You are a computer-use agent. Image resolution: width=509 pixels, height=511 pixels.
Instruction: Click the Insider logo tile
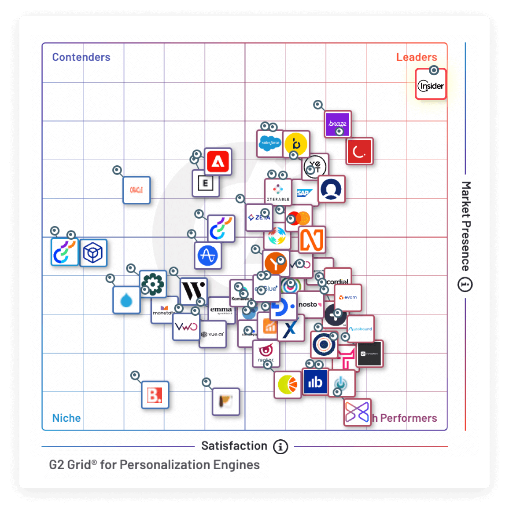431,85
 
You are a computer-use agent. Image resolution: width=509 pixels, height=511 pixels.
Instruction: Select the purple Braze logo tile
338,124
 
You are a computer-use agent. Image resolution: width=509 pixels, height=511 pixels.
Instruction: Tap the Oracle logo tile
136,190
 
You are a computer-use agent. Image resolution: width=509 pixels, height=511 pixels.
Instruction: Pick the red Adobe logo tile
218,162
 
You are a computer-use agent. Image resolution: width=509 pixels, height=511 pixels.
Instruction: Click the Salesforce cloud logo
269,143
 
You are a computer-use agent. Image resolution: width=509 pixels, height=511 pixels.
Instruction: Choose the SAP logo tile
304,193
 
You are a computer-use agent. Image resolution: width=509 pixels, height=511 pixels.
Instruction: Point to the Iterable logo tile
278,192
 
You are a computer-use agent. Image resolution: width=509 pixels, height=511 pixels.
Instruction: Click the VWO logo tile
186,327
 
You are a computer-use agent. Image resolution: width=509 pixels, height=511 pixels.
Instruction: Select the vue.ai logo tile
213,334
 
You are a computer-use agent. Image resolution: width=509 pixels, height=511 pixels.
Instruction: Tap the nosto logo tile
310,304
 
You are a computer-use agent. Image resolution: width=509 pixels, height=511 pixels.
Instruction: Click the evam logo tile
348,297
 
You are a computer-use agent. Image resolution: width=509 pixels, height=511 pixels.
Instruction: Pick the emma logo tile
221,310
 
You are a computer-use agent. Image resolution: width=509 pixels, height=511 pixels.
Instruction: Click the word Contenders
81,57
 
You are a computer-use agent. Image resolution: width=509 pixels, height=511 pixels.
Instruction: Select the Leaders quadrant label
417,57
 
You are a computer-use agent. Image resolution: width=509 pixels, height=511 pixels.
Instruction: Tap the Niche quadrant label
66,418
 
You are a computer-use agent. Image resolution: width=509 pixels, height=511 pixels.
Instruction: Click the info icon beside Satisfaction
280,446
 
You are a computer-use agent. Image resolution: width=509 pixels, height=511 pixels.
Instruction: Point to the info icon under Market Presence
465,285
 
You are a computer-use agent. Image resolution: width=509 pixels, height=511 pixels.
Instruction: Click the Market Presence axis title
466,226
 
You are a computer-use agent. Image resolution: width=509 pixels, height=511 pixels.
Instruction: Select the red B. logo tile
155,395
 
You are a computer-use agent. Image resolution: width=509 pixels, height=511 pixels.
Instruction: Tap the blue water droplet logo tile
126,300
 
